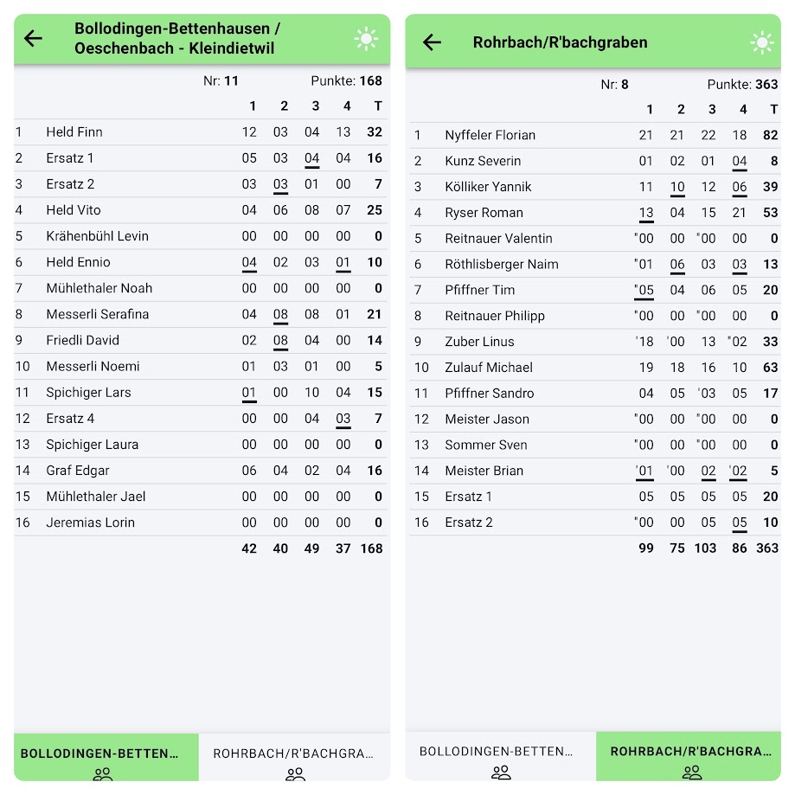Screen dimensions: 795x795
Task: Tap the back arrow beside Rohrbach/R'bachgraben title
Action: pos(432,42)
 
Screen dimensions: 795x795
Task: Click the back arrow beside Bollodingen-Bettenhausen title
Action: pos(33,38)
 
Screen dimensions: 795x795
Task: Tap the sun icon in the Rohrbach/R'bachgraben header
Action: pos(761,42)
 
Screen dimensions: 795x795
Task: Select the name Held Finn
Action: pos(74,132)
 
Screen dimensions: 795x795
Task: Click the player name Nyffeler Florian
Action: pos(490,135)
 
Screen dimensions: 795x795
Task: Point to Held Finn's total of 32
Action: pos(374,132)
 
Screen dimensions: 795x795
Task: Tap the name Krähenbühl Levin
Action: pos(97,236)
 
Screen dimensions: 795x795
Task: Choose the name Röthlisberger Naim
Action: pos(501,265)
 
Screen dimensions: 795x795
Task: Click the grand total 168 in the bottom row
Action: pos(371,548)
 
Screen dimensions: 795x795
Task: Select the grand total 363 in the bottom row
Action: pos(766,548)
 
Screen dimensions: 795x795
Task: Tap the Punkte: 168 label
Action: pos(346,81)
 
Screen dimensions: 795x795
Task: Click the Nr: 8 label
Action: pos(614,85)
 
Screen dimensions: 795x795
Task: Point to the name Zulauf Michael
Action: pos(489,368)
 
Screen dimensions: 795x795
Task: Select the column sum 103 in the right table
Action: pos(706,548)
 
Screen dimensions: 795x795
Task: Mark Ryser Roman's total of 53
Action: pos(770,213)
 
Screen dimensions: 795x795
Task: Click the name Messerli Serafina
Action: pos(97,314)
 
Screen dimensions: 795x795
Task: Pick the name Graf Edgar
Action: pos(78,471)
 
